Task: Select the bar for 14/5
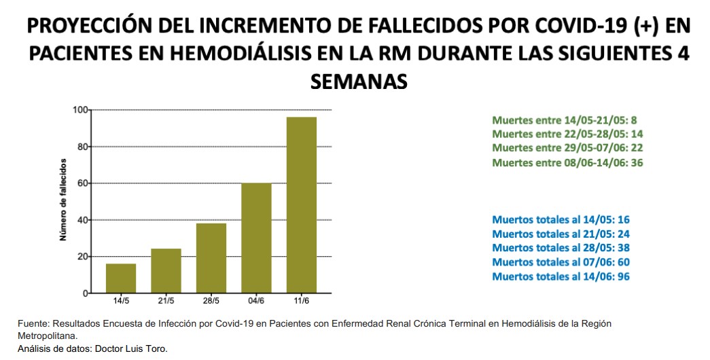coord(121,278)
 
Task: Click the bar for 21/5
coord(166,271)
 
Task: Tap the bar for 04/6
coord(256,238)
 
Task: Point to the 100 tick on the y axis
coord(81,110)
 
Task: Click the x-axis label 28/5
coord(211,301)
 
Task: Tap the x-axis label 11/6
coord(301,301)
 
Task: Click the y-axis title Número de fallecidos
coord(63,200)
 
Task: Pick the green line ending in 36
coord(567,163)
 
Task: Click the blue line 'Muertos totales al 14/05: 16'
coord(561,220)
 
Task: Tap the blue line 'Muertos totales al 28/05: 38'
coord(561,248)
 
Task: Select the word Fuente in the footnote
coord(31,324)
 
